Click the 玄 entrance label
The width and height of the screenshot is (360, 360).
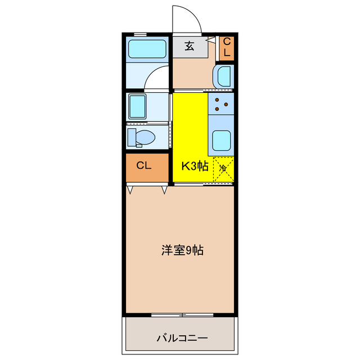(x=190, y=47)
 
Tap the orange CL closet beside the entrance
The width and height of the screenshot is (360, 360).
(x=227, y=47)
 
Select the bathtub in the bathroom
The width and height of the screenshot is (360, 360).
(x=147, y=49)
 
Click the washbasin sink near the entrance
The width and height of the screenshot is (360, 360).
(x=223, y=76)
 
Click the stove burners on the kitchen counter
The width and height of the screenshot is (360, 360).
(x=221, y=104)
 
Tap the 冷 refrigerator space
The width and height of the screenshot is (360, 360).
(x=223, y=168)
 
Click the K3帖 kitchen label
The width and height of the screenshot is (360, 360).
(x=195, y=166)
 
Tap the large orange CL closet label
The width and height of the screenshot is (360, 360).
(x=144, y=166)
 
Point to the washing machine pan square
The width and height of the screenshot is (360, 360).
(x=138, y=105)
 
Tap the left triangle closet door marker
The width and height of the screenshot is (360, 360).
(x=130, y=190)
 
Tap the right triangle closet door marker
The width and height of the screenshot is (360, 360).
(x=165, y=190)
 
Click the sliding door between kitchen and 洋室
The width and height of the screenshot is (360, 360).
(x=203, y=184)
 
